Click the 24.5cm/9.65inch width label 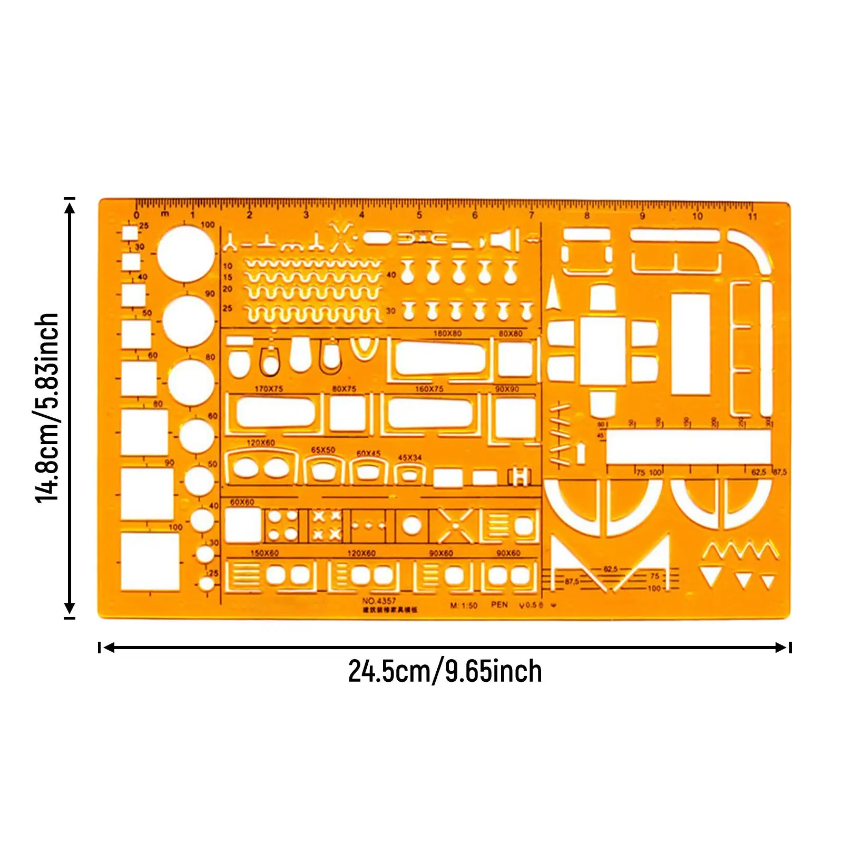pos(445,671)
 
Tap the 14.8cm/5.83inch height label pos(47,408)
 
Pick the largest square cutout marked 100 pos(150,561)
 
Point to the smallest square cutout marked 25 pos(130,233)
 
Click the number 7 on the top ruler pos(531,215)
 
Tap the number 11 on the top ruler pos(752,216)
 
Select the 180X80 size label pos(447,334)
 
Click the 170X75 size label pos(269,389)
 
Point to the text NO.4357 pos(379,601)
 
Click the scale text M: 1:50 pos(464,605)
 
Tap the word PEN pos(499,604)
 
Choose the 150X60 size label pos(264,553)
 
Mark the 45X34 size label pos(409,458)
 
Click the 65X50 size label pos(323,450)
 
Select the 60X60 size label pos(242,502)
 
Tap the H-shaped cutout pos(519,477)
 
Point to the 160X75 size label pos(429,389)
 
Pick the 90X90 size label pos(507,389)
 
